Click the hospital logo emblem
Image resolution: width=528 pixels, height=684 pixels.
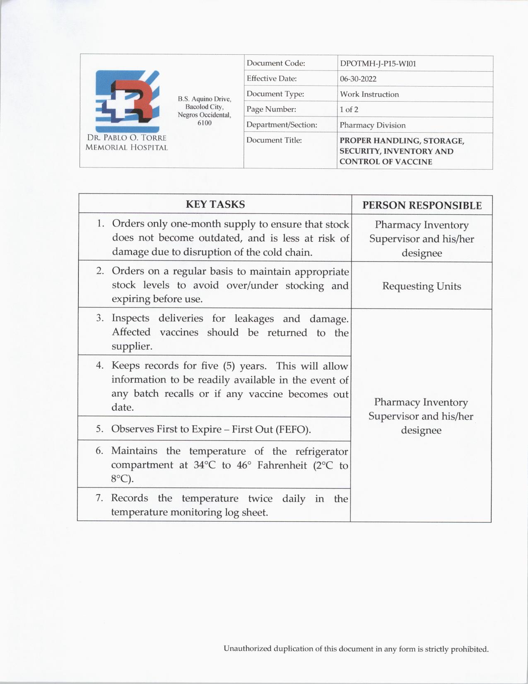coord(127,101)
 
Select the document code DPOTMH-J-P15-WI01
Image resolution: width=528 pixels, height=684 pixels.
coord(378,64)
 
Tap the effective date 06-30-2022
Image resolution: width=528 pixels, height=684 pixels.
coord(358,79)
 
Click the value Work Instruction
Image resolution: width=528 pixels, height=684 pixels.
coord(369,95)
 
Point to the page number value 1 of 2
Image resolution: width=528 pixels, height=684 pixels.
coord(349,110)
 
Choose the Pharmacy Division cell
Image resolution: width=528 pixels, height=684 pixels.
coord(372,125)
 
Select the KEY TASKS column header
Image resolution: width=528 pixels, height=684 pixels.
coord(215,204)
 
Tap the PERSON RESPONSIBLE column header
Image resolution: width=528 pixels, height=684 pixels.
coord(422,206)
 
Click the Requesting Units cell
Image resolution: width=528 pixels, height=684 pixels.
coord(421,286)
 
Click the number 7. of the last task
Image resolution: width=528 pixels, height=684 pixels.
coord(99,498)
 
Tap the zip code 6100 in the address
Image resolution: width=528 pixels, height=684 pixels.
coord(204,123)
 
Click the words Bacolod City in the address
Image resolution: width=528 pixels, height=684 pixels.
coord(204,107)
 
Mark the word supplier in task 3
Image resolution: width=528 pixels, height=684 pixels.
coord(131,347)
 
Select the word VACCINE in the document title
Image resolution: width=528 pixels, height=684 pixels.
coord(412,162)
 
